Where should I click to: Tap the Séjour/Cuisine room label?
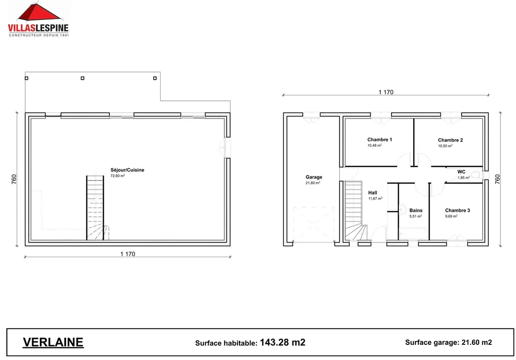tap(127, 170)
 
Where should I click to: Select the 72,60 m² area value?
tap(117, 176)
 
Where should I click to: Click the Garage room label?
tap(314, 177)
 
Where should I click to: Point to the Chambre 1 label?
tap(379, 140)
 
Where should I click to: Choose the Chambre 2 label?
tap(450, 140)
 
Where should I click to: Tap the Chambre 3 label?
tap(457, 210)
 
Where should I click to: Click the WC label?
tap(461, 171)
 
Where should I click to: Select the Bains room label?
tap(416, 210)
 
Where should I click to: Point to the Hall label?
tap(372, 193)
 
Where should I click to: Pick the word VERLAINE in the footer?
tap(53, 342)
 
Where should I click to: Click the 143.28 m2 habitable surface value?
tap(283, 342)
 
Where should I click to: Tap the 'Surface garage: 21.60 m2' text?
tap(448, 342)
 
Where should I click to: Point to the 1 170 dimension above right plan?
tap(385, 92)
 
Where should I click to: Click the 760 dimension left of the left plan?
tap(15, 179)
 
